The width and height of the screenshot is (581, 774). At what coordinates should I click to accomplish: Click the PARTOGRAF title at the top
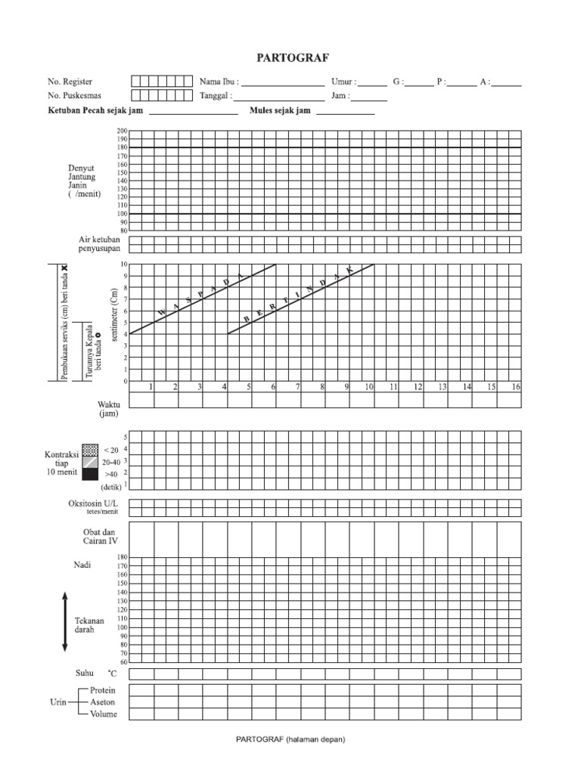tap(290, 57)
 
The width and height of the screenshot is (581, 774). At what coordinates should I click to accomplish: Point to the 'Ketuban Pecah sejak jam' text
tap(95, 110)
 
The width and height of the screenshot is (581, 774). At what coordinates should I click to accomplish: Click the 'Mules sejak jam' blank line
tap(345, 113)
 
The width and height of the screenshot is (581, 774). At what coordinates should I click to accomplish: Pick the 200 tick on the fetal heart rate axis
tap(123, 132)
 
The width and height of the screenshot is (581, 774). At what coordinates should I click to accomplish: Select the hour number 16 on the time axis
tap(515, 387)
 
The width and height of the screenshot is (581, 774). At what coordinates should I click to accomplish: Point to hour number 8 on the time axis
tap(322, 387)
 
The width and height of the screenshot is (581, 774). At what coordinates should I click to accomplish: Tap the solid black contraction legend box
tap(90, 474)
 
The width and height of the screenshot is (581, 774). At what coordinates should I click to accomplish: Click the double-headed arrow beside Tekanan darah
tap(65, 621)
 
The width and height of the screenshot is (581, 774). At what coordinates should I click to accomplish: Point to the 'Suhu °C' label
tap(97, 673)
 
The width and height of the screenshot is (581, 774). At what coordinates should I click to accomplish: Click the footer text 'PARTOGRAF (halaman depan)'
tap(290, 740)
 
